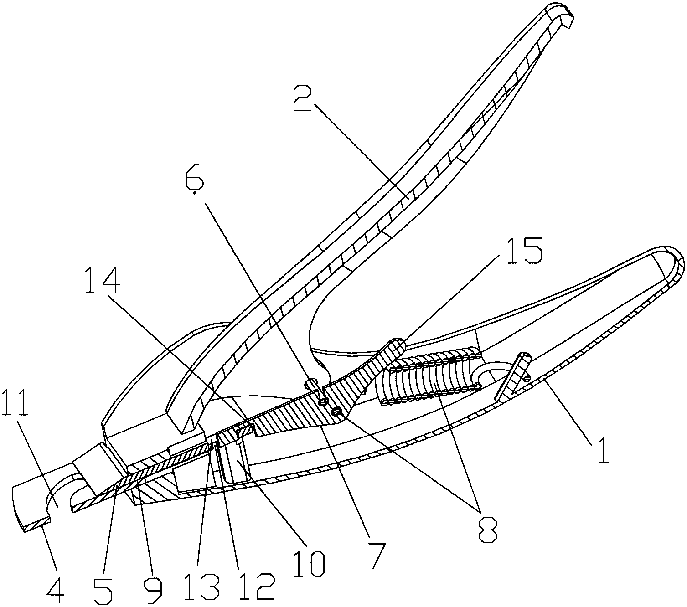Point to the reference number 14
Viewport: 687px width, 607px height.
(103, 280)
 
